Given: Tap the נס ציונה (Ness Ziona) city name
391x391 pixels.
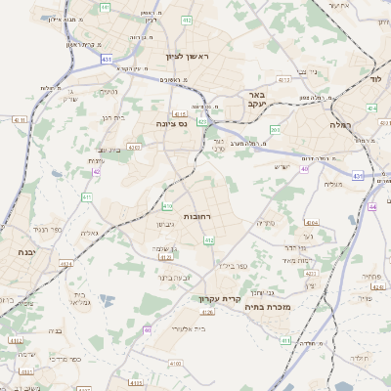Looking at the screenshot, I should click(171, 124).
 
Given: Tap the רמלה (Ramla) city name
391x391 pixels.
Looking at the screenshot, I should click(368, 124).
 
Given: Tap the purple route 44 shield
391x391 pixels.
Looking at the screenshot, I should click(372, 207).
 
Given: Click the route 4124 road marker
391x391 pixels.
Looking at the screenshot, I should click(66, 264).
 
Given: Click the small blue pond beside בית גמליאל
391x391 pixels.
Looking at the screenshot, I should click(107, 301).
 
